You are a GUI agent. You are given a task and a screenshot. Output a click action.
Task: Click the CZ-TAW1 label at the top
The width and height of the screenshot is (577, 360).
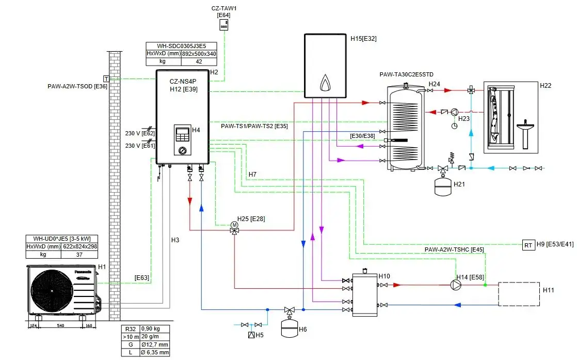pos(223,9)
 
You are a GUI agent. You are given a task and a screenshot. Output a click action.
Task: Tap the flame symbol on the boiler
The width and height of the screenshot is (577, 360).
pos(325,83)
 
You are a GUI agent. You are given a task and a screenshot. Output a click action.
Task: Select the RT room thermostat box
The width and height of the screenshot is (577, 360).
pos(528,245)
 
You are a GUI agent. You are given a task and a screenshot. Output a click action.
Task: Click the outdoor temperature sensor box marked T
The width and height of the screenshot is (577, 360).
pos(106,79)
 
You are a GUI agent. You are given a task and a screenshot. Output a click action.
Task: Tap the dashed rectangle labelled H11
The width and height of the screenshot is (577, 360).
pos(519,294)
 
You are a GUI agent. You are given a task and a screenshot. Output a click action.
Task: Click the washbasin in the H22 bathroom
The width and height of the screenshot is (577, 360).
pos(526,130)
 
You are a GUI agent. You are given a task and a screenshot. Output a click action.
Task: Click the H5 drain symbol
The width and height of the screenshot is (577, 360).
pos(251,335)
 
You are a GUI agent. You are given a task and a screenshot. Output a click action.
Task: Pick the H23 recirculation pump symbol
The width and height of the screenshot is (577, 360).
pos(454,112)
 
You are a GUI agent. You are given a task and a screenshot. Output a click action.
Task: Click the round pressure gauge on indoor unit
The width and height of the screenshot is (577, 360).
pos(182,151)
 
